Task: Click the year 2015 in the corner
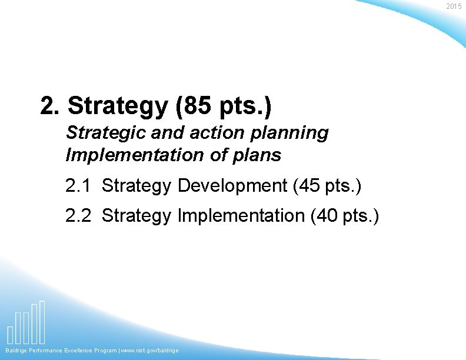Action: (x=454, y=6)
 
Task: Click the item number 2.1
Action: (x=78, y=186)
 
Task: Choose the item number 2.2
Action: (x=78, y=216)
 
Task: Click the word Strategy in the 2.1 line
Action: (x=137, y=186)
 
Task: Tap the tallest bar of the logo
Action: (x=42, y=322)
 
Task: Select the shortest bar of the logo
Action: (x=11, y=334)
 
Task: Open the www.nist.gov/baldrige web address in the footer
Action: (x=151, y=351)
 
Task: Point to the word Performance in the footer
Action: (x=44, y=351)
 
